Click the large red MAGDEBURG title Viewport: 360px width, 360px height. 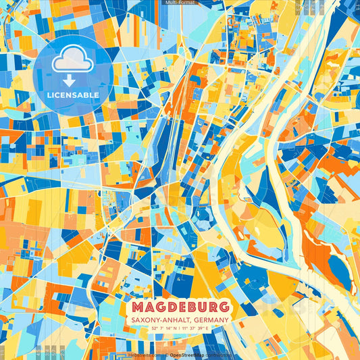pyautogui.click(x=180, y=307)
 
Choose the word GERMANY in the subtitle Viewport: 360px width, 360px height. pyautogui.click(x=211, y=319)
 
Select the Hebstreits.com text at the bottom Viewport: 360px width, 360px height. pyautogui.click(x=144, y=354)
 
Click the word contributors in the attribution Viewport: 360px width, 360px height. pyautogui.click(x=220, y=354)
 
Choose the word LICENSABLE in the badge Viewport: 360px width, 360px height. pyautogui.click(x=72, y=95)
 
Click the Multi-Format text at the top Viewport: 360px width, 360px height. pyautogui.click(x=180, y=3)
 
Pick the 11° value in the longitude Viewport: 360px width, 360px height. pyautogui.click(x=184, y=328)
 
